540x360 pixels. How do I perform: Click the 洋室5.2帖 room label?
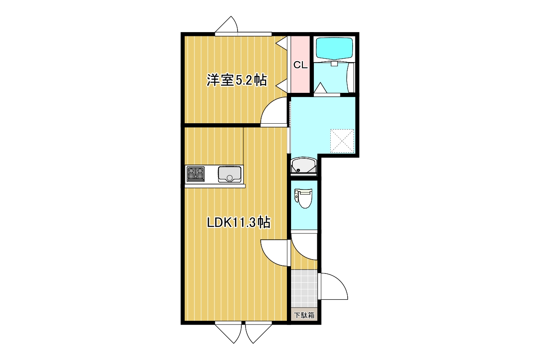tap(237, 80)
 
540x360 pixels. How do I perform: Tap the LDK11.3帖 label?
tap(239, 222)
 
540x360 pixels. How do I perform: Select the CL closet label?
tap(300, 65)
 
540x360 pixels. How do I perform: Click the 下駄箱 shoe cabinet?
tap(304, 315)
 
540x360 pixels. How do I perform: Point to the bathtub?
tap(334, 49)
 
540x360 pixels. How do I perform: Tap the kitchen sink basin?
tap(229, 174)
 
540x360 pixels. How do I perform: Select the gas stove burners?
tap(195, 174)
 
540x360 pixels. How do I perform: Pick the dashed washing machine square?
tap(342, 141)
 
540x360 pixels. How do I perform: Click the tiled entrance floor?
tap(304, 288)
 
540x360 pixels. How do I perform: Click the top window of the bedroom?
tap(243, 34)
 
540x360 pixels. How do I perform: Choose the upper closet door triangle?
tap(281, 43)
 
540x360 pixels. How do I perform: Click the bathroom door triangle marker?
tap(321, 88)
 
